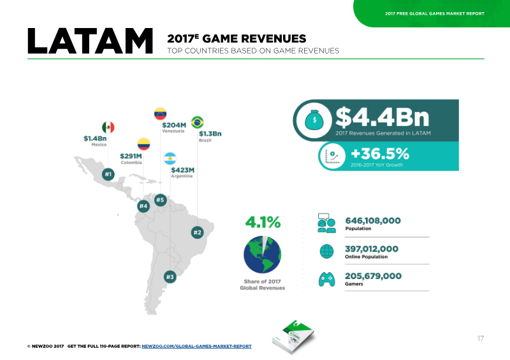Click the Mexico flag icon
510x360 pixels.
[108, 127]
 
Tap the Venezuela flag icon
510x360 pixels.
[161, 114]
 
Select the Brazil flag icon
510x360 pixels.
[198, 122]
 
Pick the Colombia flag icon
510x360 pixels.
[143, 144]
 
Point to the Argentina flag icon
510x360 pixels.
[170, 159]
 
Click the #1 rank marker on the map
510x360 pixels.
[108, 175]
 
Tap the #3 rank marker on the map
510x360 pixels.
[170, 277]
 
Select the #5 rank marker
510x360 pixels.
[161, 200]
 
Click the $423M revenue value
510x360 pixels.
[183, 170]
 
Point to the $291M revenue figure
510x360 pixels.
[131, 156]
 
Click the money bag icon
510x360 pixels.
[314, 120]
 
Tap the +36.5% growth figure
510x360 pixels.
[380, 154]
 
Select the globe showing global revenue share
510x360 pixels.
[262, 254]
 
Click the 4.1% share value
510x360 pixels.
[263, 222]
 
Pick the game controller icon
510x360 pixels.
[326, 279]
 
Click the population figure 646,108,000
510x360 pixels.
[373, 220]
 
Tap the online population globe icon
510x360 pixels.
[326, 252]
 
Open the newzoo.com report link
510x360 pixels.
[196, 347]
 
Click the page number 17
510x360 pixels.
[481, 338]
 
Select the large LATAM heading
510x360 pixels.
[90, 41]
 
